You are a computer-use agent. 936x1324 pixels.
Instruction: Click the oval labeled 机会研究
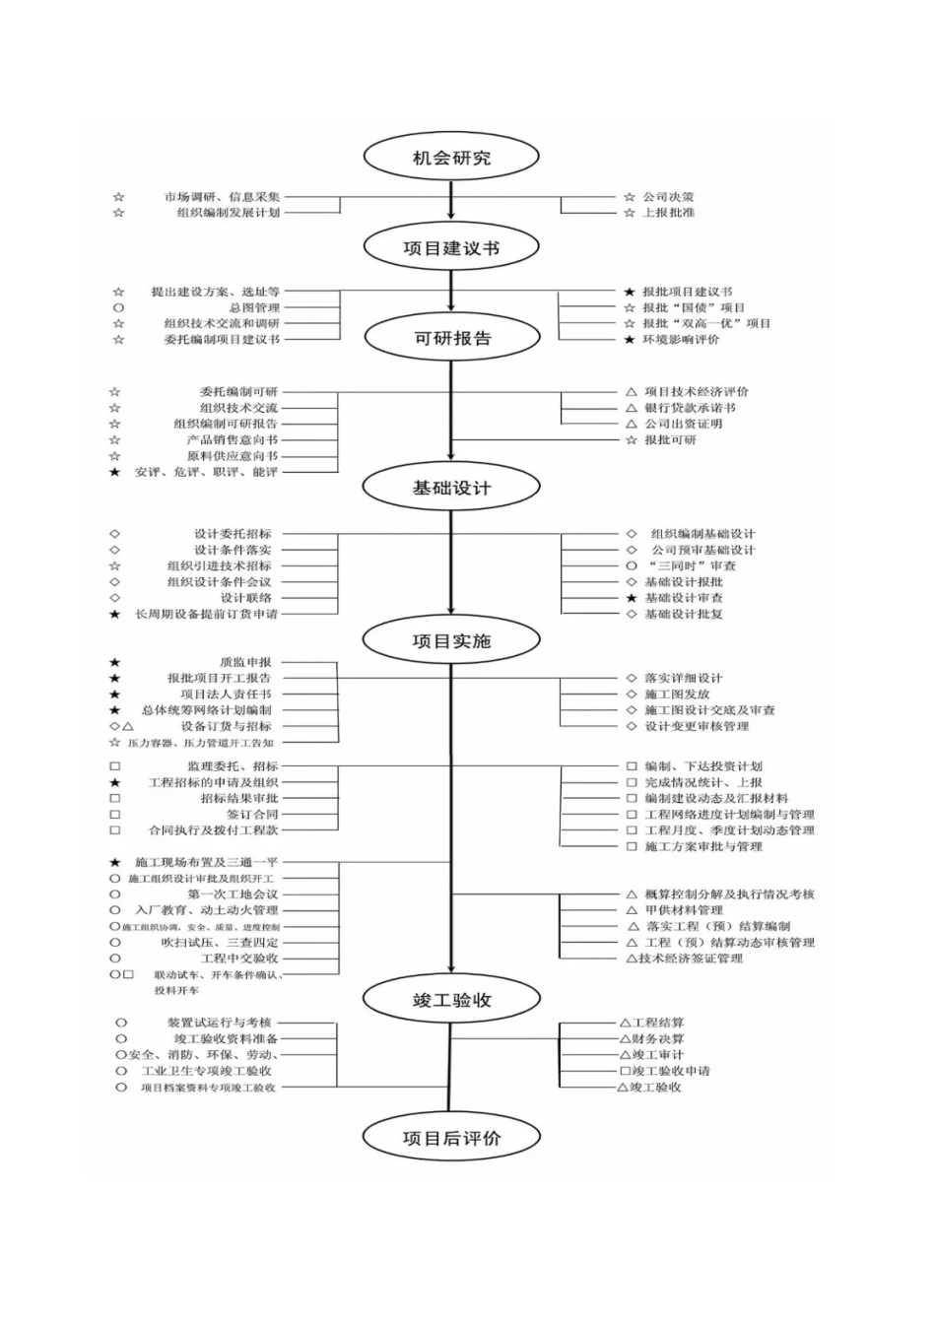pos(451,158)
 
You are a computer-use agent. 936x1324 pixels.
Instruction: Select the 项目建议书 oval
pos(451,248)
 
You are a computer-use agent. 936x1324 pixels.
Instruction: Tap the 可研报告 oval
pos(451,339)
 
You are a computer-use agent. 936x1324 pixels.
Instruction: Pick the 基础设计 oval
pos(451,488)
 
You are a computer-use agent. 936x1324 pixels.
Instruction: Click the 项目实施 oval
pos(451,641)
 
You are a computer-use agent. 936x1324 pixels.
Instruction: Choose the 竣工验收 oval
pos(451,1000)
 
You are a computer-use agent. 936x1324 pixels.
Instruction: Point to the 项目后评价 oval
pos(451,1138)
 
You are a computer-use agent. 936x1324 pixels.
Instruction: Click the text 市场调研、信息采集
pos(222,197)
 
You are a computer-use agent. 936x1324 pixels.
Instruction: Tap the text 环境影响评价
pos(681,340)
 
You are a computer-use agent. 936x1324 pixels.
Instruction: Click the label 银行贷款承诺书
pos(690,408)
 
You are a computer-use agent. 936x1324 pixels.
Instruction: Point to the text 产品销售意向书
pos(233,440)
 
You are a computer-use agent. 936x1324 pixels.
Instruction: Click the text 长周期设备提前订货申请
pos(207,615)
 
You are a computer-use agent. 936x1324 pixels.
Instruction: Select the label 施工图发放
pos(677,695)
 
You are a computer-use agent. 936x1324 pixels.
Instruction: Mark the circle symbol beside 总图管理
pos(118,307)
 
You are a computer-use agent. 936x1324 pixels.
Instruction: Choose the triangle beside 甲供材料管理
pos(632,910)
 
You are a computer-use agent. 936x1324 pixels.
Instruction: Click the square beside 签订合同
pos(115,815)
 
